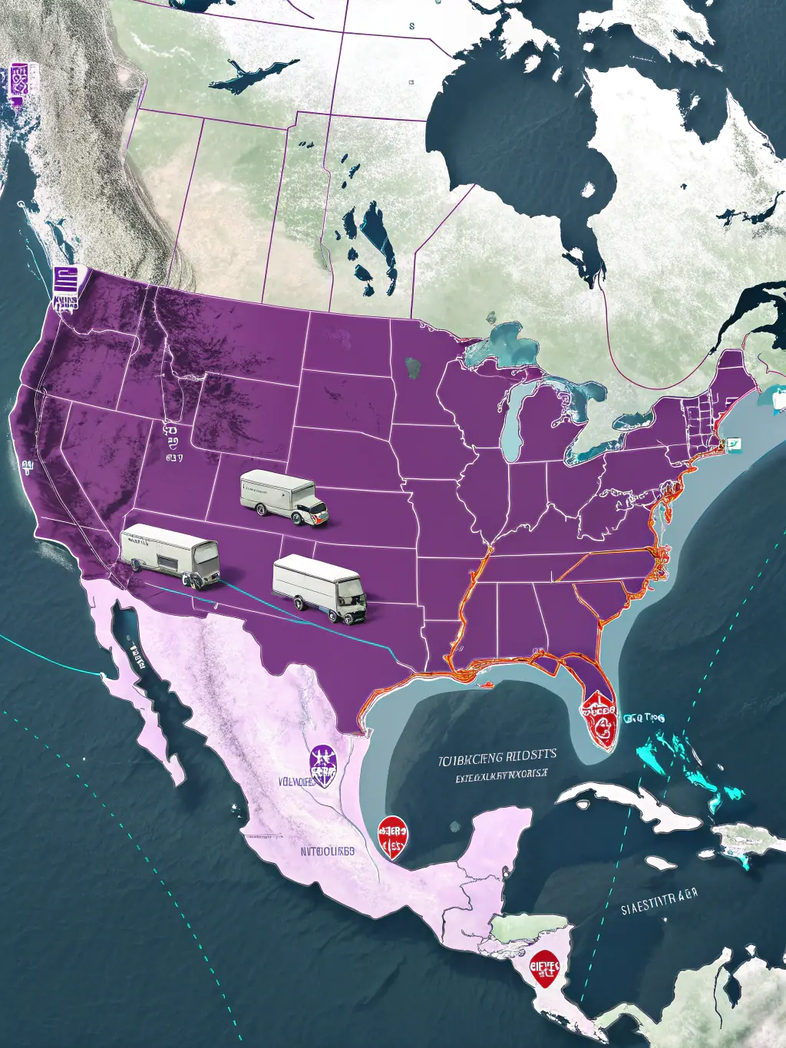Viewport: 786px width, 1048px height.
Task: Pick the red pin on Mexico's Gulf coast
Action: (392, 836)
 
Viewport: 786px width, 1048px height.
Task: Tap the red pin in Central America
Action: (544, 967)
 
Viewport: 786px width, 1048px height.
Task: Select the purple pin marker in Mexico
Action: (323, 765)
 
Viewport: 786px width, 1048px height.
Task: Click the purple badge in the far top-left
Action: (19, 79)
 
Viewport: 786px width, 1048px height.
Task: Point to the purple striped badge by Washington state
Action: (66, 287)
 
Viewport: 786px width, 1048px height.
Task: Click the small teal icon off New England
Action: (734, 445)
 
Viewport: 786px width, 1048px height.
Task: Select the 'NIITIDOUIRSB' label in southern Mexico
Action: (327, 851)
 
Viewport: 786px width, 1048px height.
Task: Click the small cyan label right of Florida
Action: (643, 719)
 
